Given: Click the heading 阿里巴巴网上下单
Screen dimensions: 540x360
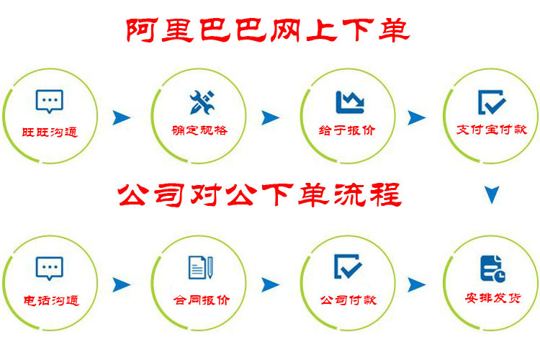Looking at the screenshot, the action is [x=268, y=30].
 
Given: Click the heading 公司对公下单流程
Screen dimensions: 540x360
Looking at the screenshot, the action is [x=260, y=194].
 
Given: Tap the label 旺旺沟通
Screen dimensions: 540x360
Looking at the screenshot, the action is [x=50, y=132].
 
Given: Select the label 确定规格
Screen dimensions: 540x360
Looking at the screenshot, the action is [x=199, y=130].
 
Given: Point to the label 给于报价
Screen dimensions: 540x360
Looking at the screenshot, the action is [x=347, y=130].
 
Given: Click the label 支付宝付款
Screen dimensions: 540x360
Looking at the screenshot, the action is [x=492, y=130].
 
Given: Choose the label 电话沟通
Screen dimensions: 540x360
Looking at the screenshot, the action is [x=51, y=300].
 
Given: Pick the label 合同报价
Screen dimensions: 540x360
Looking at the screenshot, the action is [x=202, y=300].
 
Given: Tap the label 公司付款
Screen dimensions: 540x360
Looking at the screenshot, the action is [x=348, y=300].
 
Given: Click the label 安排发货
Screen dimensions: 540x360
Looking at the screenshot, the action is [x=492, y=297].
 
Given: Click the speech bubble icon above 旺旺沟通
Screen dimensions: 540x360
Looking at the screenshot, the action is [x=50, y=102].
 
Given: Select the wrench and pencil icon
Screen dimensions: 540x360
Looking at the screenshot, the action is [x=202, y=102].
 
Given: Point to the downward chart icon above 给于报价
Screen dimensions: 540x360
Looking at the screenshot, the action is [x=350, y=102].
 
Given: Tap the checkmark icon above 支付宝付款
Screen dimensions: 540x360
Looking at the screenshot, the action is [x=492, y=102].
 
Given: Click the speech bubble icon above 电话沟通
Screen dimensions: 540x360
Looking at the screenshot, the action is [x=50, y=269].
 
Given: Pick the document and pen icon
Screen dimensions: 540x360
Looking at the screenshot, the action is [x=201, y=267].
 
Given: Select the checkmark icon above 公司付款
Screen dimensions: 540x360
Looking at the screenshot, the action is [x=348, y=266].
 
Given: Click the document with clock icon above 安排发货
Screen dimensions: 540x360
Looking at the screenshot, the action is [x=492, y=269].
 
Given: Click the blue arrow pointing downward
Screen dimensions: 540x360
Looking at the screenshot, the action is [x=492, y=194].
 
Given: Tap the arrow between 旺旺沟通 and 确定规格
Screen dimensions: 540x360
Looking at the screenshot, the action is [x=122, y=118].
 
